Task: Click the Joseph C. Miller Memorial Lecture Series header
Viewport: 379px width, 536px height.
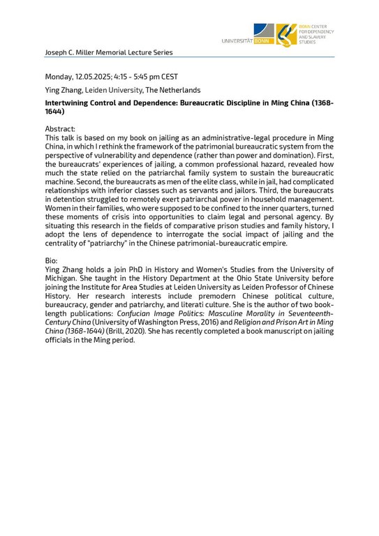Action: pos(108,52)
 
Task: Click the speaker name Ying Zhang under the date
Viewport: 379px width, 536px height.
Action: pos(64,90)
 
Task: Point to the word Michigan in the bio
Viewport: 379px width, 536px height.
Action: pos(64,277)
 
